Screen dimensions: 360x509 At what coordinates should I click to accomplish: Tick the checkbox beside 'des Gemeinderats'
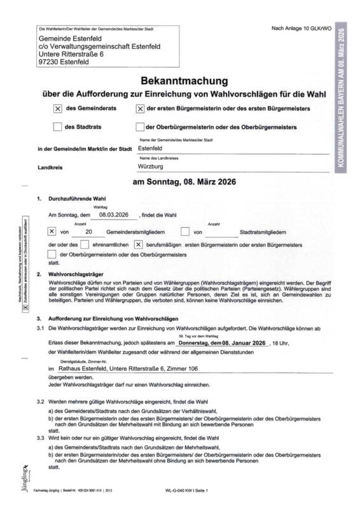pyautogui.click(x=58, y=109)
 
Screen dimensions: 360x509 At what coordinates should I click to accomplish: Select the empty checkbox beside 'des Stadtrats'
pyautogui.click(x=58, y=127)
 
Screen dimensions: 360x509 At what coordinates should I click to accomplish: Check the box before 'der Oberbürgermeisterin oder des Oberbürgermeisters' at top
pyautogui.click(x=140, y=127)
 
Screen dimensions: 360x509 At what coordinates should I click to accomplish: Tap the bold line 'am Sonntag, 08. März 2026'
pyautogui.click(x=184, y=183)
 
